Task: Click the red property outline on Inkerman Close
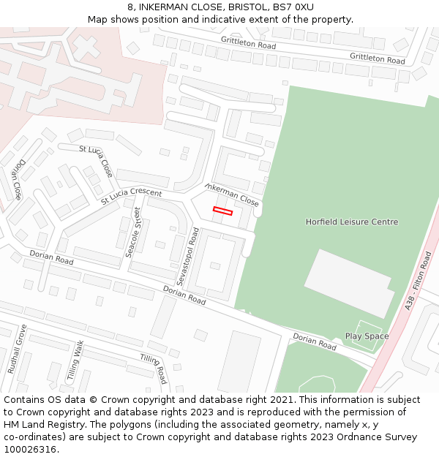[222, 211]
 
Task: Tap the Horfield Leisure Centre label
[352, 222]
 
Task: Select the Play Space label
[367, 336]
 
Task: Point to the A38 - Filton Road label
[419, 281]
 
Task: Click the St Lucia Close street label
[96, 161]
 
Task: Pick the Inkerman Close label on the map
[232, 195]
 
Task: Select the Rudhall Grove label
[17, 349]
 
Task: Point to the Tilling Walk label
[75, 359]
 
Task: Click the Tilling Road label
[154, 369]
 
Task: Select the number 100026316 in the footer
[31, 450]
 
